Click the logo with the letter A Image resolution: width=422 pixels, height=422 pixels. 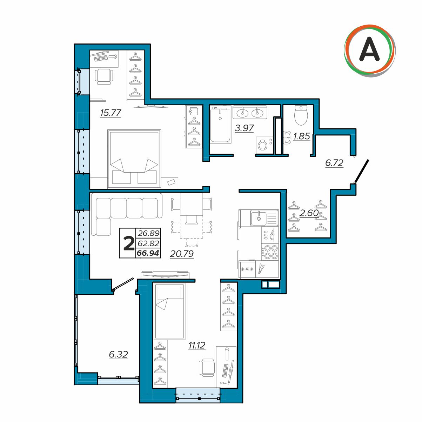pyautogui.click(x=369, y=51)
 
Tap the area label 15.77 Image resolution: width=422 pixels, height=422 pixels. pyautogui.click(x=110, y=113)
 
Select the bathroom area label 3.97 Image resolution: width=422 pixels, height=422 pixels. pyautogui.click(x=244, y=128)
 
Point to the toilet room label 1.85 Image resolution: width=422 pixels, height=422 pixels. pyautogui.click(x=302, y=136)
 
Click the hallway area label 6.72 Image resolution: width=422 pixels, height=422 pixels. pyautogui.click(x=334, y=163)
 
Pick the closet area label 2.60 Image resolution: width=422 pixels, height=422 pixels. pyautogui.click(x=309, y=213)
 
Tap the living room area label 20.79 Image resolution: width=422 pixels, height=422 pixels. pyautogui.click(x=182, y=254)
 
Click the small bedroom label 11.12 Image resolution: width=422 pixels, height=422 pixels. pyautogui.click(x=197, y=345)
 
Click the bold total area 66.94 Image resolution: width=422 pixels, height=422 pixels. pyautogui.click(x=148, y=253)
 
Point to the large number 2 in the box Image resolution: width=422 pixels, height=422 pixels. pyautogui.click(x=129, y=244)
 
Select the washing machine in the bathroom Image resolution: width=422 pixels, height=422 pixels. pyautogui.click(x=264, y=145)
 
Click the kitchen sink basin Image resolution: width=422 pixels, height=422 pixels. pyautogui.click(x=259, y=218)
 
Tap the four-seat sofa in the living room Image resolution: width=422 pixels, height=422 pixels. pyautogui.click(x=127, y=214)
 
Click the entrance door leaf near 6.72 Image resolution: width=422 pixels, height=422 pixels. pyautogui.click(x=361, y=171)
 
